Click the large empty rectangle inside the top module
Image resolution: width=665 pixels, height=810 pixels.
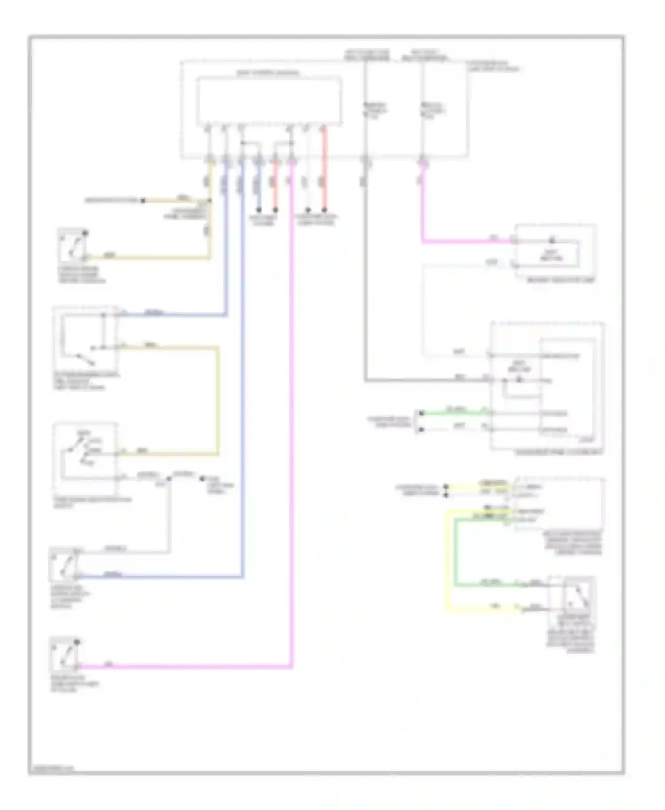tap(269, 100)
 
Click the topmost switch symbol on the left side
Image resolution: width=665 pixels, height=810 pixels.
tap(72, 244)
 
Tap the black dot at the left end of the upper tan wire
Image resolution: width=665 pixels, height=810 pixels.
tap(143, 200)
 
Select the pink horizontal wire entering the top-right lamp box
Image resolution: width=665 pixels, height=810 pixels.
tap(465, 241)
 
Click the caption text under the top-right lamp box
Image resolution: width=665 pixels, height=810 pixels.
tap(560, 280)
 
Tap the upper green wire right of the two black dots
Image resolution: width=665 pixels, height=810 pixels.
tap(452, 413)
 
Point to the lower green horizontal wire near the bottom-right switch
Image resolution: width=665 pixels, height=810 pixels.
tap(488, 585)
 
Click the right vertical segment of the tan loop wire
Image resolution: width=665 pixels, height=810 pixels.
tap(218, 399)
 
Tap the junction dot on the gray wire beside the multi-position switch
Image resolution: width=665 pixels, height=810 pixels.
tap(168, 479)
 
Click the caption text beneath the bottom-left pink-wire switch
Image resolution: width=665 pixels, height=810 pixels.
tap(74, 684)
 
